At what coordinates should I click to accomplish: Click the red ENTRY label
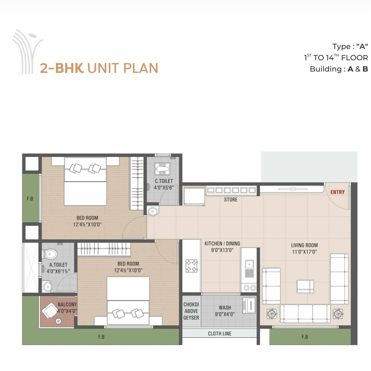coord(337,192)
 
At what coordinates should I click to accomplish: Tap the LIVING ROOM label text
coord(304,245)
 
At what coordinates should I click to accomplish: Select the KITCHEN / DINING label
coord(222,243)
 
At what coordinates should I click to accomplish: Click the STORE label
coord(231,200)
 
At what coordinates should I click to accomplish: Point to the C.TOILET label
coord(164,181)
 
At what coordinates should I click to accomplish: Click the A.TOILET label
coord(58,265)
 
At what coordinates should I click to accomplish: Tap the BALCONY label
coord(67,304)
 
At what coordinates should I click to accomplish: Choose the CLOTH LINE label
coord(220,334)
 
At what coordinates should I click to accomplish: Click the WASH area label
coord(225,308)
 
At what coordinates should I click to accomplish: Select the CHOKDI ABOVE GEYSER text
coord(191,311)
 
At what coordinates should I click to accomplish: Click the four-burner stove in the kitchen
coord(191,266)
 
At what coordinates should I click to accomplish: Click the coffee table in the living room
coord(305,286)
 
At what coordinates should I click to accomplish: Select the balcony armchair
coord(49,310)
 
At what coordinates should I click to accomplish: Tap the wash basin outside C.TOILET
coord(153,211)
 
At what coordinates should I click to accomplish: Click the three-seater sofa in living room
coord(305,313)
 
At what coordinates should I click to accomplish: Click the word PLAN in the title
coord(141,68)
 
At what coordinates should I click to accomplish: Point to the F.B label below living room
coord(305,337)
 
